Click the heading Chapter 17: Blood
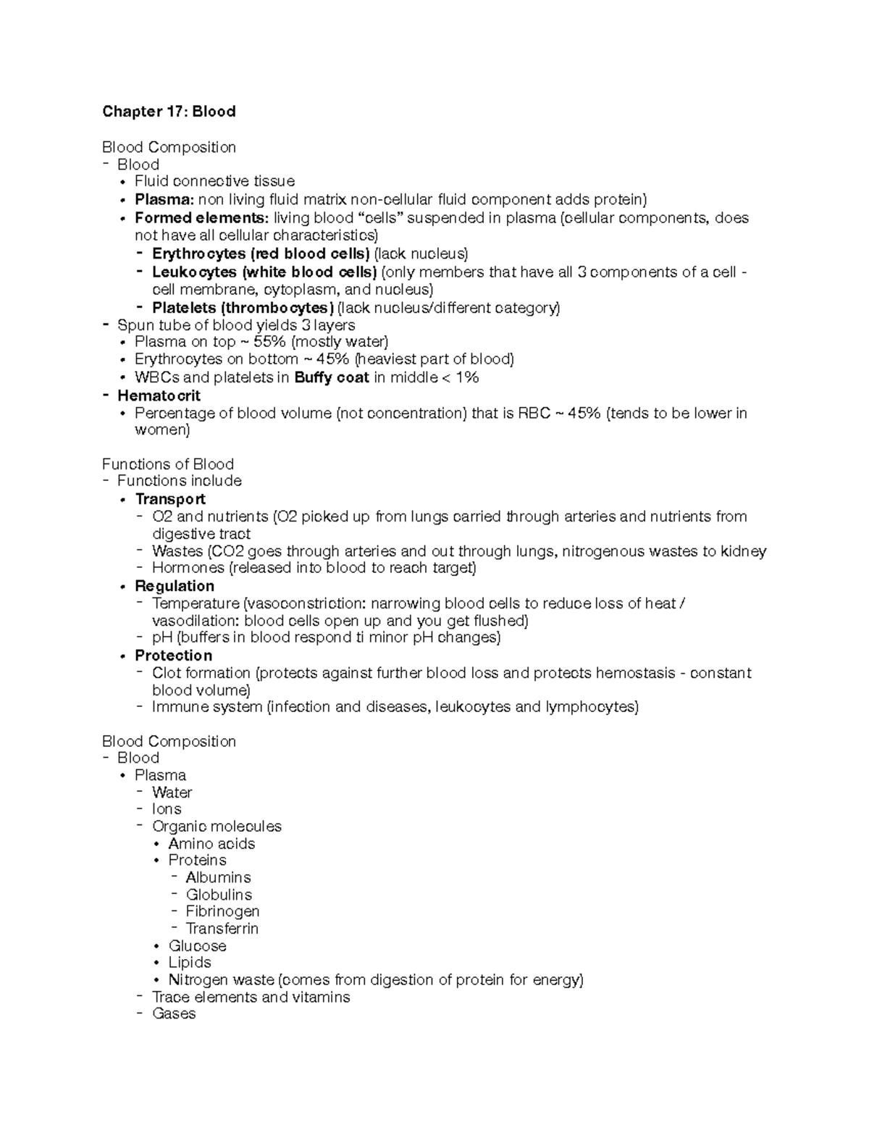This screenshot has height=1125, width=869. (169, 112)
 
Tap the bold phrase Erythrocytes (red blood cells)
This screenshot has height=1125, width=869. (261, 254)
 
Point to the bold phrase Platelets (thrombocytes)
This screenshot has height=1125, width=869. (243, 308)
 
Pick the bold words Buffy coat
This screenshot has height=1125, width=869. (332, 377)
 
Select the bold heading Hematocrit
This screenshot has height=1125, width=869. (159, 396)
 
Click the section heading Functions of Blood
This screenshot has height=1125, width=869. (168, 464)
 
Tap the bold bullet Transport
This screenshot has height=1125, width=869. (170, 499)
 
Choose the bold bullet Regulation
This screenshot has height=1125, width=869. (175, 586)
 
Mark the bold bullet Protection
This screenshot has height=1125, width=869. (174, 656)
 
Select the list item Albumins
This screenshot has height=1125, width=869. (218, 878)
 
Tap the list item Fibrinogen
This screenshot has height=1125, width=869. (222, 911)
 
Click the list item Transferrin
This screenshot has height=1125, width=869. (222, 929)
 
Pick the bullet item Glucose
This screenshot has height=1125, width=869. (197, 946)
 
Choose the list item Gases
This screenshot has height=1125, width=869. (174, 1014)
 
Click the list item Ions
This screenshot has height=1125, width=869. (167, 809)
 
